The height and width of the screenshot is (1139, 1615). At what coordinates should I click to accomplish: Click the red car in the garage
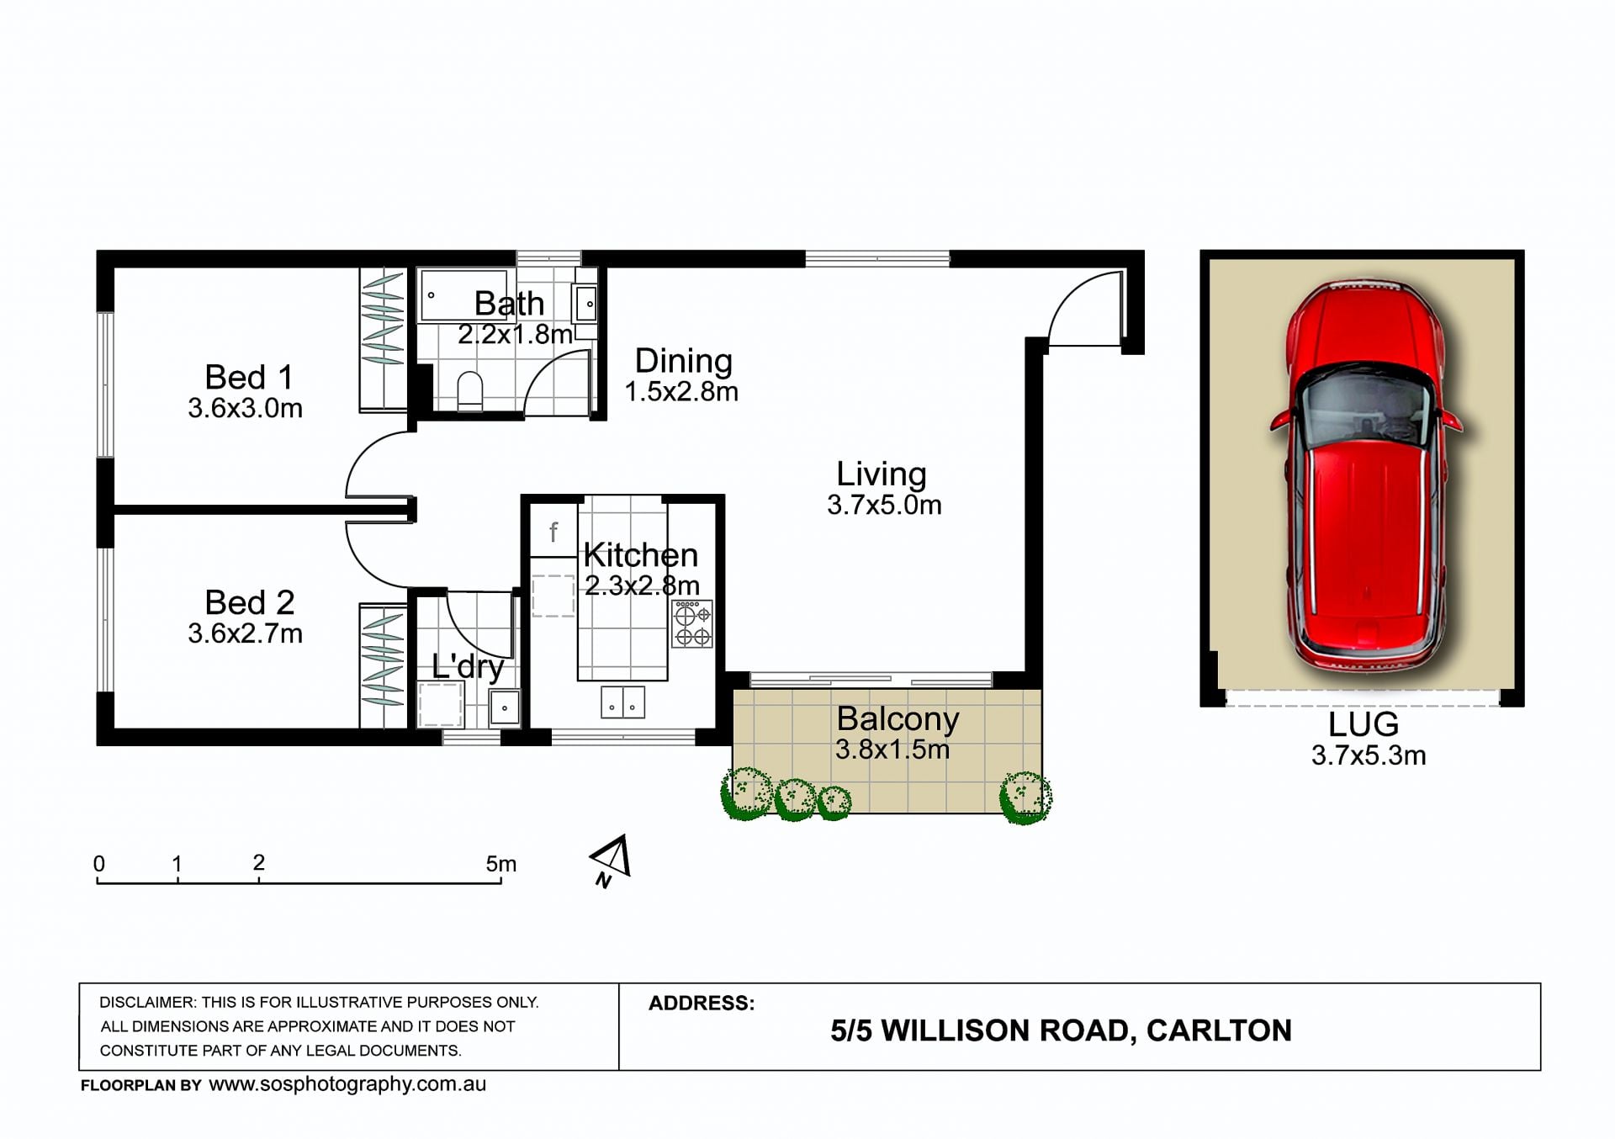tap(1364, 475)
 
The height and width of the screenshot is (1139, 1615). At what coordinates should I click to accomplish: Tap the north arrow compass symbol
tap(611, 861)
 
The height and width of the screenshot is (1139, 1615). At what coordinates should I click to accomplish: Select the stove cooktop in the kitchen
tap(692, 623)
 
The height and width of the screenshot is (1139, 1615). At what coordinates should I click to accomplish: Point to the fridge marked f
tap(553, 530)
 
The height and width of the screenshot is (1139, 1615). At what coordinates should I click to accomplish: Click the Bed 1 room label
tap(249, 377)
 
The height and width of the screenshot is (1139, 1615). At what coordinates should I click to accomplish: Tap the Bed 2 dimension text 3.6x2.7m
tap(245, 633)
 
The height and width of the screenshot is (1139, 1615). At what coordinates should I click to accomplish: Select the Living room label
tap(882, 474)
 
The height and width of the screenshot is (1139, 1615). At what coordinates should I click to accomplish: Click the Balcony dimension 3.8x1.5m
tap(892, 750)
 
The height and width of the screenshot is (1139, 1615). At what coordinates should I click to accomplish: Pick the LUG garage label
tap(1363, 724)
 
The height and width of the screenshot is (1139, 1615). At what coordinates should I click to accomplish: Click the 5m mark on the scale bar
tap(500, 864)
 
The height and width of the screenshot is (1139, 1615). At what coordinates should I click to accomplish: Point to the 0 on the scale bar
tap(99, 864)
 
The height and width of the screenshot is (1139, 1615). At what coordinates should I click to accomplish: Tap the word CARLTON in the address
tap(1219, 1030)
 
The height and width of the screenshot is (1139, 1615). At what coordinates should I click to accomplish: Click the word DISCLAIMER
tap(147, 1002)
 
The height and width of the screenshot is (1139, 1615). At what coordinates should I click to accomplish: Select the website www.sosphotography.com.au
tap(347, 1084)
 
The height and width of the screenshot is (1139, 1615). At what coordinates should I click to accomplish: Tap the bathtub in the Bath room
tap(463, 295)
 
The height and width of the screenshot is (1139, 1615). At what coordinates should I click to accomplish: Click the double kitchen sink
tap(622, 702)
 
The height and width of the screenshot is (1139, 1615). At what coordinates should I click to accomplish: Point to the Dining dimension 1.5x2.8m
tap(681, 392)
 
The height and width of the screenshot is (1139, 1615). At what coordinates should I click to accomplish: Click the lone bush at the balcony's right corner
tap(1025, 797)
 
